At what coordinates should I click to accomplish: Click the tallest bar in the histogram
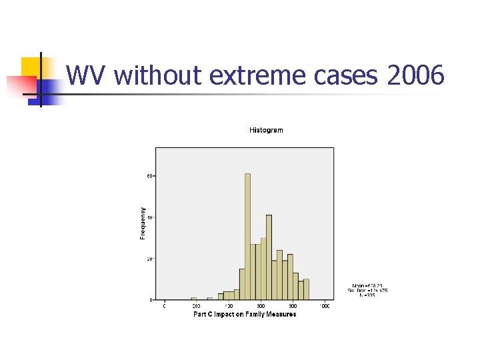[x=247, y=237]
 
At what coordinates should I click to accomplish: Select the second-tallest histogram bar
[x=269, y=257]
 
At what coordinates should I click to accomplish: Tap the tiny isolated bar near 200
[x=194, y=299]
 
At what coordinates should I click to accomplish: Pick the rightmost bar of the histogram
[x=306, y=289]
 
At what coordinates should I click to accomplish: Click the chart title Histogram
[x=266, y=130]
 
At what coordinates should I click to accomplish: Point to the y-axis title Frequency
[x=143, y=223]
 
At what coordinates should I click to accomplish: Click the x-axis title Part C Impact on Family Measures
[x=245, y=314]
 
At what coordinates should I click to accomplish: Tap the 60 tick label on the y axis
[x=151, y=176]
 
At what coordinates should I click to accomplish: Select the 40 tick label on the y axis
[x=151, y=217]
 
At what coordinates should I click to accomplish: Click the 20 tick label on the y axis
[x=151, y=259]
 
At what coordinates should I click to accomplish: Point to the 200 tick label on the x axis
[x=197, y=306]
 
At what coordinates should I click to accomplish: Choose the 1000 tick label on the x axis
[x=325, y=306]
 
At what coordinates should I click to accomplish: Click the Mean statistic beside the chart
[x=367, y=285]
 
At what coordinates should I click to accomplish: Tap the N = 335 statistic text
[x=366, y=295]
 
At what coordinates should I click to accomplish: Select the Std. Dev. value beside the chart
[x=367, y=290]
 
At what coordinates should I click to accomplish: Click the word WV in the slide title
[x=87, y=76]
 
